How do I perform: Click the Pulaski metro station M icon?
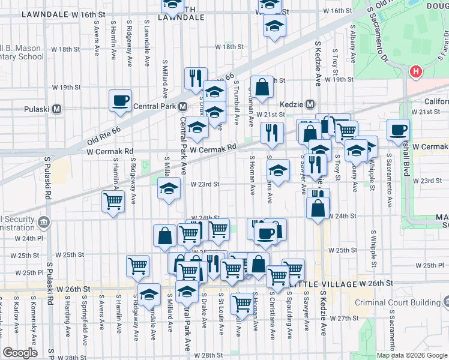pos(57,110)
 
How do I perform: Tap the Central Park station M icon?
pos(183,107)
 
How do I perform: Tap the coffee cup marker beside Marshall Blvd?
pos(398,130)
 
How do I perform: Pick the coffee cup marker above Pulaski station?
pos(120,100)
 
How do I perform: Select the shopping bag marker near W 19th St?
pos(262,88)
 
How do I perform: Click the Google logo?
pos(20,353)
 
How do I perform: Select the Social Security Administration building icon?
pos(44,223)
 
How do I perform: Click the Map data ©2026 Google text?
pos(411,355)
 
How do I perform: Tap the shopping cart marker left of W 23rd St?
pos(113,201)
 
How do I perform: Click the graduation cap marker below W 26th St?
pos(149,295)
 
